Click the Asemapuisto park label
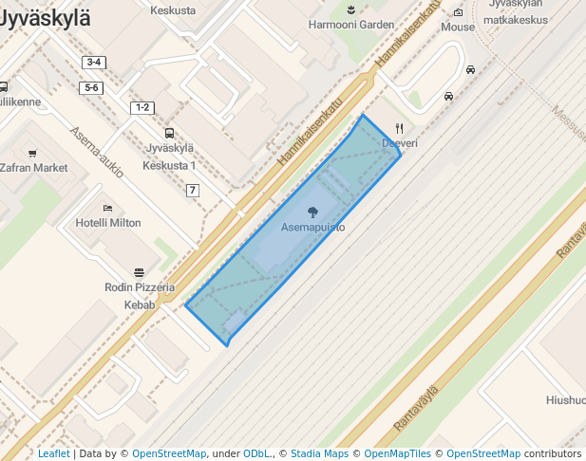click(x=312, y=228)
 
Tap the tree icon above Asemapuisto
click(x=312, y=212)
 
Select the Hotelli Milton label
click(x=107, y=223)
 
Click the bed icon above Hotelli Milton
click(x=107, y=208)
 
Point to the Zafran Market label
click(x=34, y=168)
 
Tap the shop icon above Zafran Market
click(x=32, y=153)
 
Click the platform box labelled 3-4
click(x=93, y=63)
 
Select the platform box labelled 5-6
click(x=92, y=87)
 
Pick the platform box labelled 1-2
click(x=142, y=107)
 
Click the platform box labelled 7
click(x=193, y=191)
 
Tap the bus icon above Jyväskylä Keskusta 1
click(x=169, y=133)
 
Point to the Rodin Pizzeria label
click(x=140, y=287)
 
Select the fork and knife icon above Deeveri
click(x=400, y=128)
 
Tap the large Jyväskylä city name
click(x=45, y=17)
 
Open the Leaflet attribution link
click(x=53, y=453)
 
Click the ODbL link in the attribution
click(x=257, y=453)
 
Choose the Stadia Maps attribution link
click(x=319, y=453)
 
